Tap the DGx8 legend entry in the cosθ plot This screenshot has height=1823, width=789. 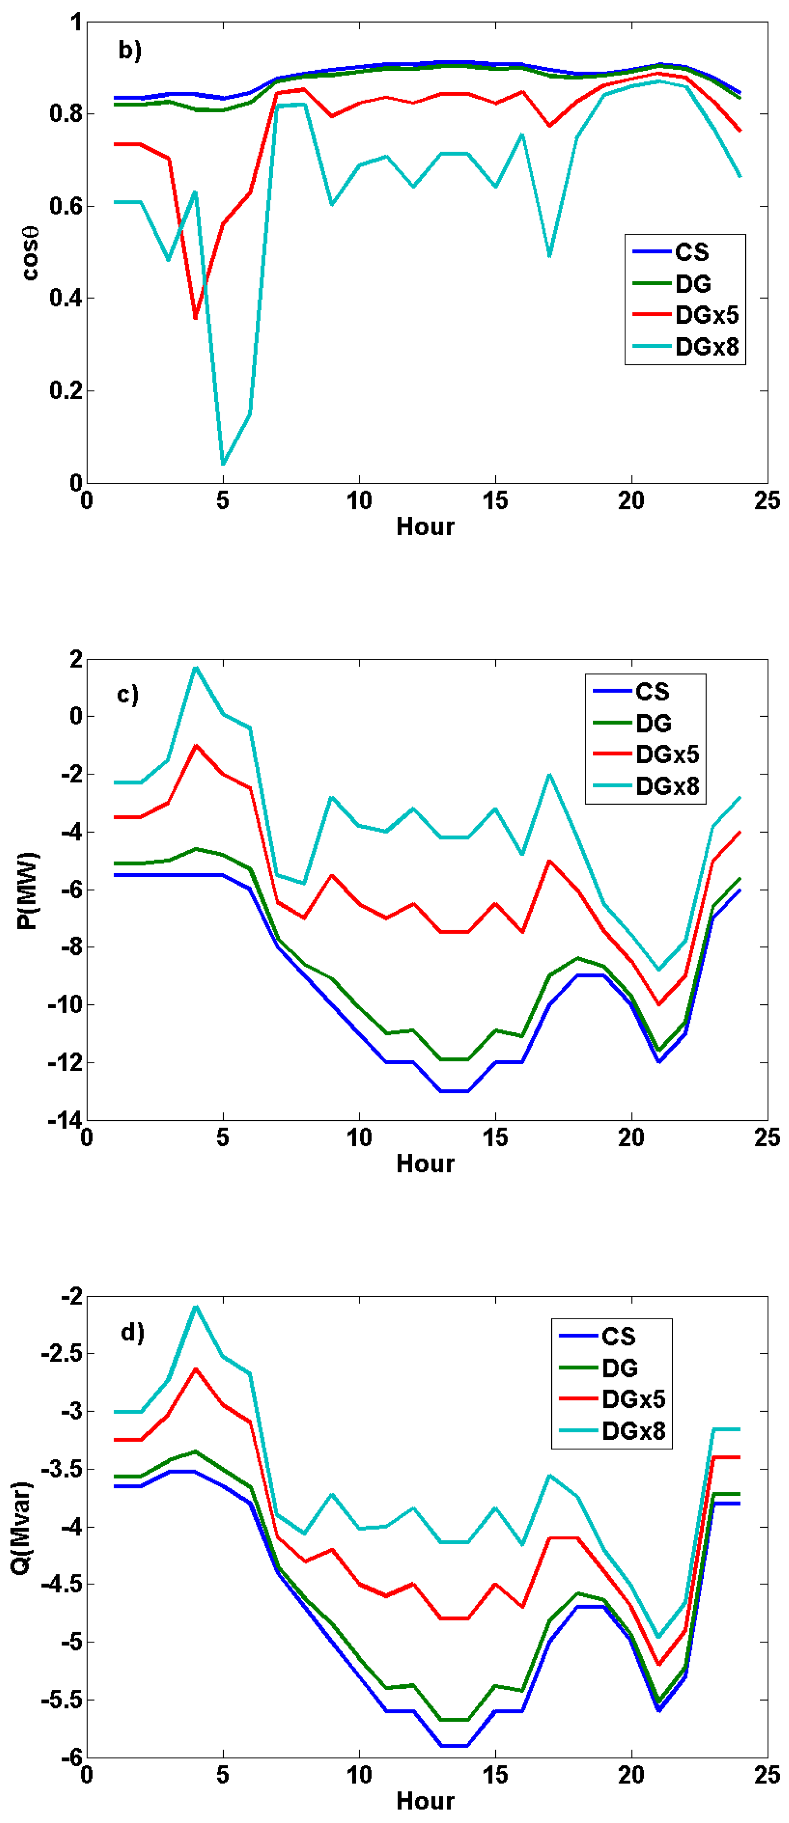[x=706, y=347]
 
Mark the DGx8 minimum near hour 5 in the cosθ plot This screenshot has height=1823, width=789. [x=223, y=464]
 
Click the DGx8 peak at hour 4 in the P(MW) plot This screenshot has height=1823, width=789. [x=196, y=668]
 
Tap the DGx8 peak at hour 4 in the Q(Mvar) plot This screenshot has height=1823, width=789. [x=196, y=1306]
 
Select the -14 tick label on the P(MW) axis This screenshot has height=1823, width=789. [x=64, y=1120]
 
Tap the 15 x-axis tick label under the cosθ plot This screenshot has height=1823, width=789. [x=495, y=501]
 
